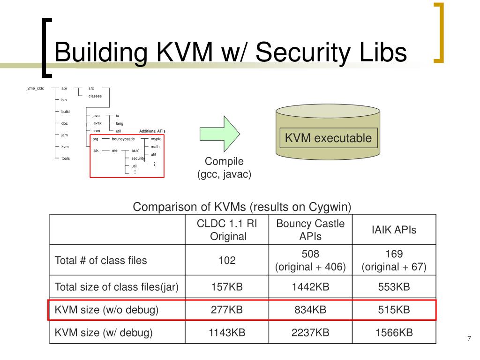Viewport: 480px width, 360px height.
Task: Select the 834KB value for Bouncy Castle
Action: [310, 310]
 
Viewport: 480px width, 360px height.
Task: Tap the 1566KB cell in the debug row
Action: [394, 333]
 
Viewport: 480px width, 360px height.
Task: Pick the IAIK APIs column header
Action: [394, 230]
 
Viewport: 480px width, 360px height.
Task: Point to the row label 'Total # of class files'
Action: [101, 261]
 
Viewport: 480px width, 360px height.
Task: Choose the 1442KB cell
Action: [310, 287]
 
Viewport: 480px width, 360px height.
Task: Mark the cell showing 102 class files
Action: [227, 261]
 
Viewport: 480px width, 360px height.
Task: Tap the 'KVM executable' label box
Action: [329, 138]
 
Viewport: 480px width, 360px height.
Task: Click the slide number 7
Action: [468, 339]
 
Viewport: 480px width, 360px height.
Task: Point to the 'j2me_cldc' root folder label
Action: [35, 88]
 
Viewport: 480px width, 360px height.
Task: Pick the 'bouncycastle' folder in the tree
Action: [123, 139]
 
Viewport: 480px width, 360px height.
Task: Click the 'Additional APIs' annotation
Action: [152, 131]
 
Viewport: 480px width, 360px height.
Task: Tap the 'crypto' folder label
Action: [156, 139]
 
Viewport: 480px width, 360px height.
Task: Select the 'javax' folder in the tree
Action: [97, 123]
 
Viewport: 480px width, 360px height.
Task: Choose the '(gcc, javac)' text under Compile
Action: [224, 174]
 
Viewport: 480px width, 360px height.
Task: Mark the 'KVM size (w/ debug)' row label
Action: [104, 333]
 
